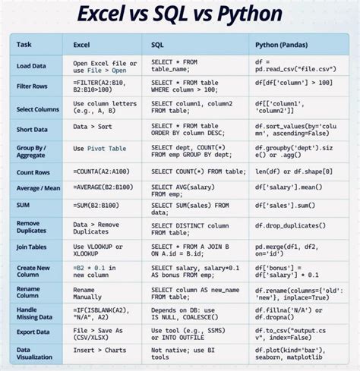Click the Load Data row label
coord(31,66)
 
